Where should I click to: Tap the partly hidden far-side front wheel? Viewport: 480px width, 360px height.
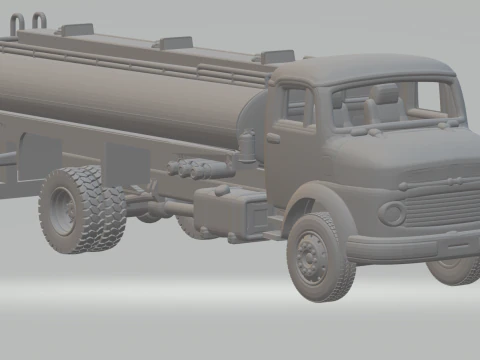(453, 268)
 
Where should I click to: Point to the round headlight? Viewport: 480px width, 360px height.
(392, 213)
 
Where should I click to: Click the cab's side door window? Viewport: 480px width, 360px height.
(297, 106)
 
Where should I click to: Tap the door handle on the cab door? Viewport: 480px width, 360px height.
(274, 138)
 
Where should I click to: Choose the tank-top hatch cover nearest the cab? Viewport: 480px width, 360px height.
(276, 56)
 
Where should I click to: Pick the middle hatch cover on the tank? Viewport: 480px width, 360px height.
(175, 42)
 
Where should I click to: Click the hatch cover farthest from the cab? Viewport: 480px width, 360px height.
(76, 30)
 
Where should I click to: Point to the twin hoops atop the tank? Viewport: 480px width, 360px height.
(30, 19)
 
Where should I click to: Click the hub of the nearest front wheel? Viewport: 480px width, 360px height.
(312, 258)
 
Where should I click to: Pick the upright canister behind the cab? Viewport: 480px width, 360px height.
(247, 147)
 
